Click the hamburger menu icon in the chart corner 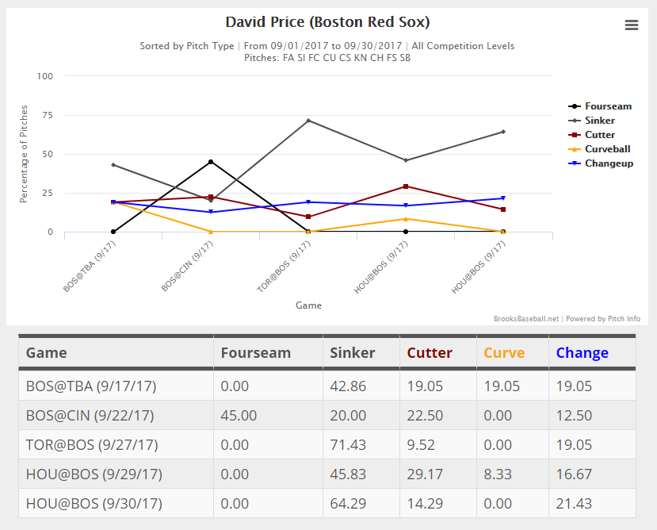[x=631, y=25]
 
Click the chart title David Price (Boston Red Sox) [x=328, y=22]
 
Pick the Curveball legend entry [x=607, y=149]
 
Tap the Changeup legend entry [x=609, y=163]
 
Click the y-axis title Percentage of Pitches [x=24, y=154]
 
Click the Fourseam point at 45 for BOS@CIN [x=211, y=162]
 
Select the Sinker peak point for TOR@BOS [x=308, y=121]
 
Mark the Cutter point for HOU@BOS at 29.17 [x=406, y=186]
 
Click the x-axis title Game [x=308, y=305]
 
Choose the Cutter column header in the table [x=430, y=353]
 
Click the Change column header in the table [x=582, y=353]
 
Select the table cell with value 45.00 [x=235, y=416]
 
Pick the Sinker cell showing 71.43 [x=348, y=445]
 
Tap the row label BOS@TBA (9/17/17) [x=91, y=386]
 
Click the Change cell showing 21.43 [x=574, y=503]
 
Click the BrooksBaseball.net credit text [x=526, y=319]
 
